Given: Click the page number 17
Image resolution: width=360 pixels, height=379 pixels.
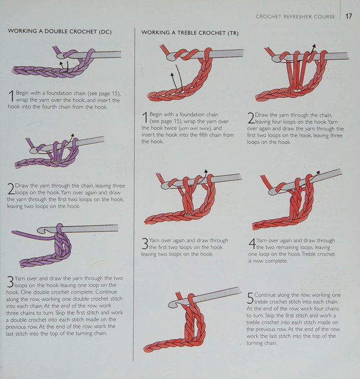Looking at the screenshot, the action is pyautogui.click(x=349, y=16).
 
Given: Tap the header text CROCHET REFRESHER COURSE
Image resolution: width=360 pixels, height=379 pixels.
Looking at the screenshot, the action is pyautogui.click(x=295, y=17).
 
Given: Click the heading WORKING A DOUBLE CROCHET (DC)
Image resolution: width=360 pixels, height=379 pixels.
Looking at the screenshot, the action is pyautogui.click(x=60, y=31).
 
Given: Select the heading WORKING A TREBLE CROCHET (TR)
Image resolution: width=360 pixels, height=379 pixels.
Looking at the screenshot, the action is pyautogui.click(x=190, y=33).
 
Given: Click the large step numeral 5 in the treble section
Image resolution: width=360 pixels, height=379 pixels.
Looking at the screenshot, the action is pyautogui.click(x=250, y=298).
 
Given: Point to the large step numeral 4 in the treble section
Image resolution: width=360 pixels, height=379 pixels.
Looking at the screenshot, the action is pyautogui.click(x=252, y=243).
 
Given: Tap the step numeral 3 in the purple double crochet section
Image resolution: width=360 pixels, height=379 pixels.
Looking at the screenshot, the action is pyautogui.click(x=10, y=281).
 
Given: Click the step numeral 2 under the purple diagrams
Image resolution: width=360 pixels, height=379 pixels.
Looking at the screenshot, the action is pyautogui.click(x=11, y=189).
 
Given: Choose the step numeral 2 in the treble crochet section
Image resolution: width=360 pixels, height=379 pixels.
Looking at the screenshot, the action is pyautogui.click(x=251, y=118).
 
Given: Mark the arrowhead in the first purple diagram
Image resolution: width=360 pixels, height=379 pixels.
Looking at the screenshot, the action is pyautogui.click(x=62, y=63).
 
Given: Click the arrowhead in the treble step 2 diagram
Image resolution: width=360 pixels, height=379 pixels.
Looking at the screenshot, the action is pyautogui.click(x=314, y=46).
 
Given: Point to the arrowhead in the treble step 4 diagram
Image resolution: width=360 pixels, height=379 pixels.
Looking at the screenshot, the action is pyautogui.click(x=318, y=172).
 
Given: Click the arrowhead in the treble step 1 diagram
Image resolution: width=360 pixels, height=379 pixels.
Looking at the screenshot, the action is pyautogui.click(x=172, y=75).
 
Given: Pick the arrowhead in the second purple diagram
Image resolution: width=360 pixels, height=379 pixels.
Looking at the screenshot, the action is pyautogui.click(x=72, y=135).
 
